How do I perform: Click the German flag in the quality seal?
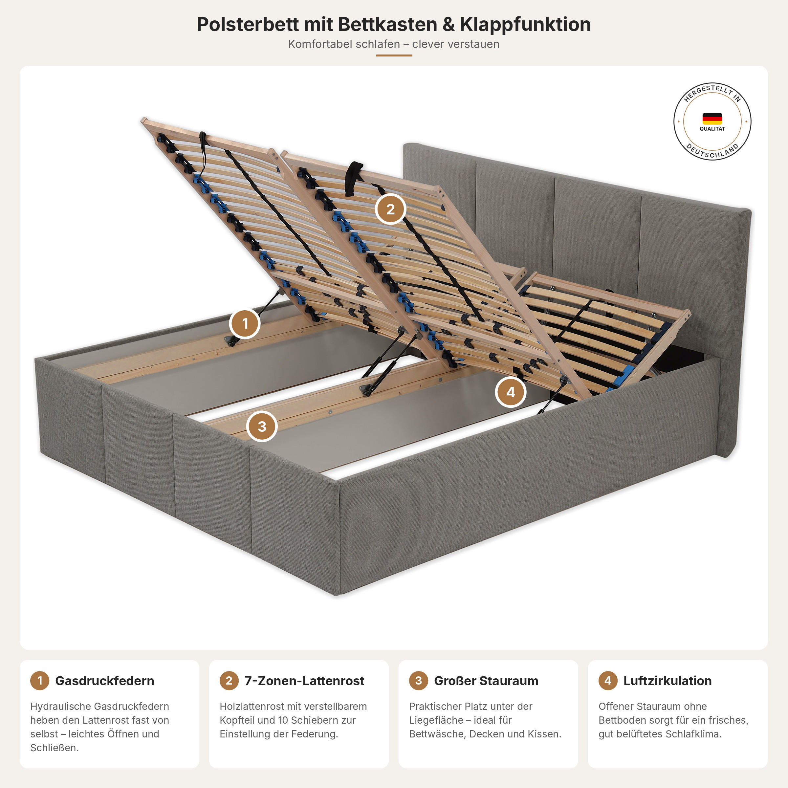[712, 119]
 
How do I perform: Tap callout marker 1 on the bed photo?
[245, 323]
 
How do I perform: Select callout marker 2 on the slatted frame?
[390, 209]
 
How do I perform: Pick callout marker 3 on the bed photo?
[262, 426]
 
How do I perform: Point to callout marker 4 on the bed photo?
[511, 392]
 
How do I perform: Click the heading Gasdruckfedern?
[104, 681]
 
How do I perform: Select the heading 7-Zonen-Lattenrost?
[304, 681]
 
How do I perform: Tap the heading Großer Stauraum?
[486, 681]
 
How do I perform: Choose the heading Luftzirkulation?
[667, 681]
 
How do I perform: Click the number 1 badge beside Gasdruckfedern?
[39, 680]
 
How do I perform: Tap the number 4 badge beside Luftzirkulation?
[608, 680]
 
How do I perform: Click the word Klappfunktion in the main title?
[525, 25]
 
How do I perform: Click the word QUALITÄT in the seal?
[712, 129]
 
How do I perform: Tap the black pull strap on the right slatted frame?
[353, 179]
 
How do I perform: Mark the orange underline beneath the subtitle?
[394, 55]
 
